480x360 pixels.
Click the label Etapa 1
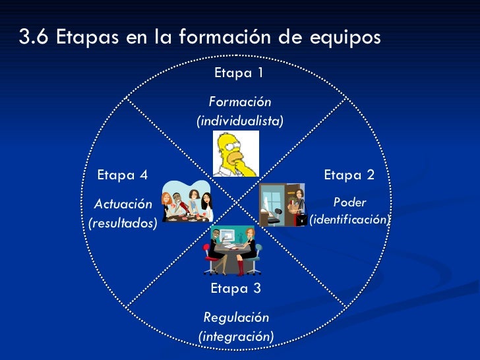click(239, 73)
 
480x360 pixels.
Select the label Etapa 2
click(349, 175)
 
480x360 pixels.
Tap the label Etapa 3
click(235, 288)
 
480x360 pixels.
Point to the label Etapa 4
click(122, 175)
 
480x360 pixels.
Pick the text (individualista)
click(239, 121)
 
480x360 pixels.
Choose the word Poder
click(349, 202)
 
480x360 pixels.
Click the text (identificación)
click(349, 219)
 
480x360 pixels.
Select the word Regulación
click(236, 317)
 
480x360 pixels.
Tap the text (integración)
click(236, 336)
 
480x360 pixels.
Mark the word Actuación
click(123, 204)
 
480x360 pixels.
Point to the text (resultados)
click(123, 224)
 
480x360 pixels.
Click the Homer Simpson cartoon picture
click(235, 154)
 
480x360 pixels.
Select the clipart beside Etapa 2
click(282, 204)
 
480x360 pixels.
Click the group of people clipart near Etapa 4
click(187, 202)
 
